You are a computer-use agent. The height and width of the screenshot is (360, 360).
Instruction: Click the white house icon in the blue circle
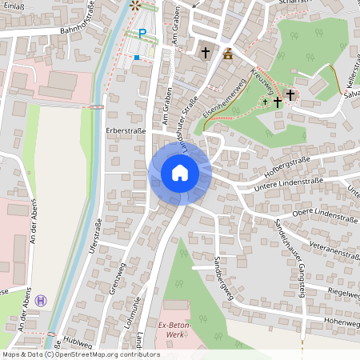(x=179, y=173)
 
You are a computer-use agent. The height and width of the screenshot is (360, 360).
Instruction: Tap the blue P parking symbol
(x=142, y=34)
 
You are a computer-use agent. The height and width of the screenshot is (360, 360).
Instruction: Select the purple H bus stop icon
(x=42, y=300)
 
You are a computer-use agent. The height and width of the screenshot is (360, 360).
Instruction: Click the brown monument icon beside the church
(x=229, y=54)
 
